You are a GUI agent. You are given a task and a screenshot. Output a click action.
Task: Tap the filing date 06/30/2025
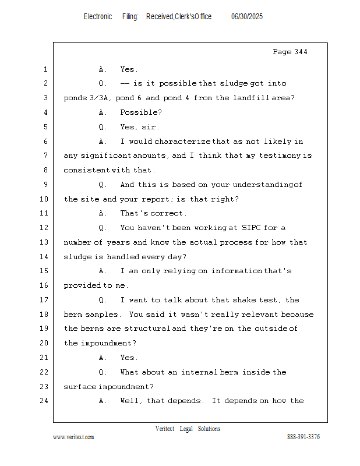point(247,17)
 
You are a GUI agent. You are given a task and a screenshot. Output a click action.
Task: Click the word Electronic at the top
point(98,17)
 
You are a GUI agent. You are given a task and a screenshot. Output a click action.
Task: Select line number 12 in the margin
point(45,228)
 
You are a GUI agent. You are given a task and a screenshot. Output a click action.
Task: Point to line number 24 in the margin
point(45,401)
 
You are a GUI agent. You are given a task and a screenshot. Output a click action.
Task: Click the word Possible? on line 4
point(141,112)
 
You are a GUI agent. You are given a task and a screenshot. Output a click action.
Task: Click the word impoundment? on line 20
point(108,343)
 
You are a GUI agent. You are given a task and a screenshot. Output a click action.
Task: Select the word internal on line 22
point(199,372)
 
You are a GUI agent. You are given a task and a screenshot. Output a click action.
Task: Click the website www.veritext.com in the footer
point(73,437)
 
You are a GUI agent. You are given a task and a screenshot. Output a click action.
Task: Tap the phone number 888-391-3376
point(303,437)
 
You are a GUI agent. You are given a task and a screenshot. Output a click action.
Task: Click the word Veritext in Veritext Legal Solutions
point(164,429)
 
